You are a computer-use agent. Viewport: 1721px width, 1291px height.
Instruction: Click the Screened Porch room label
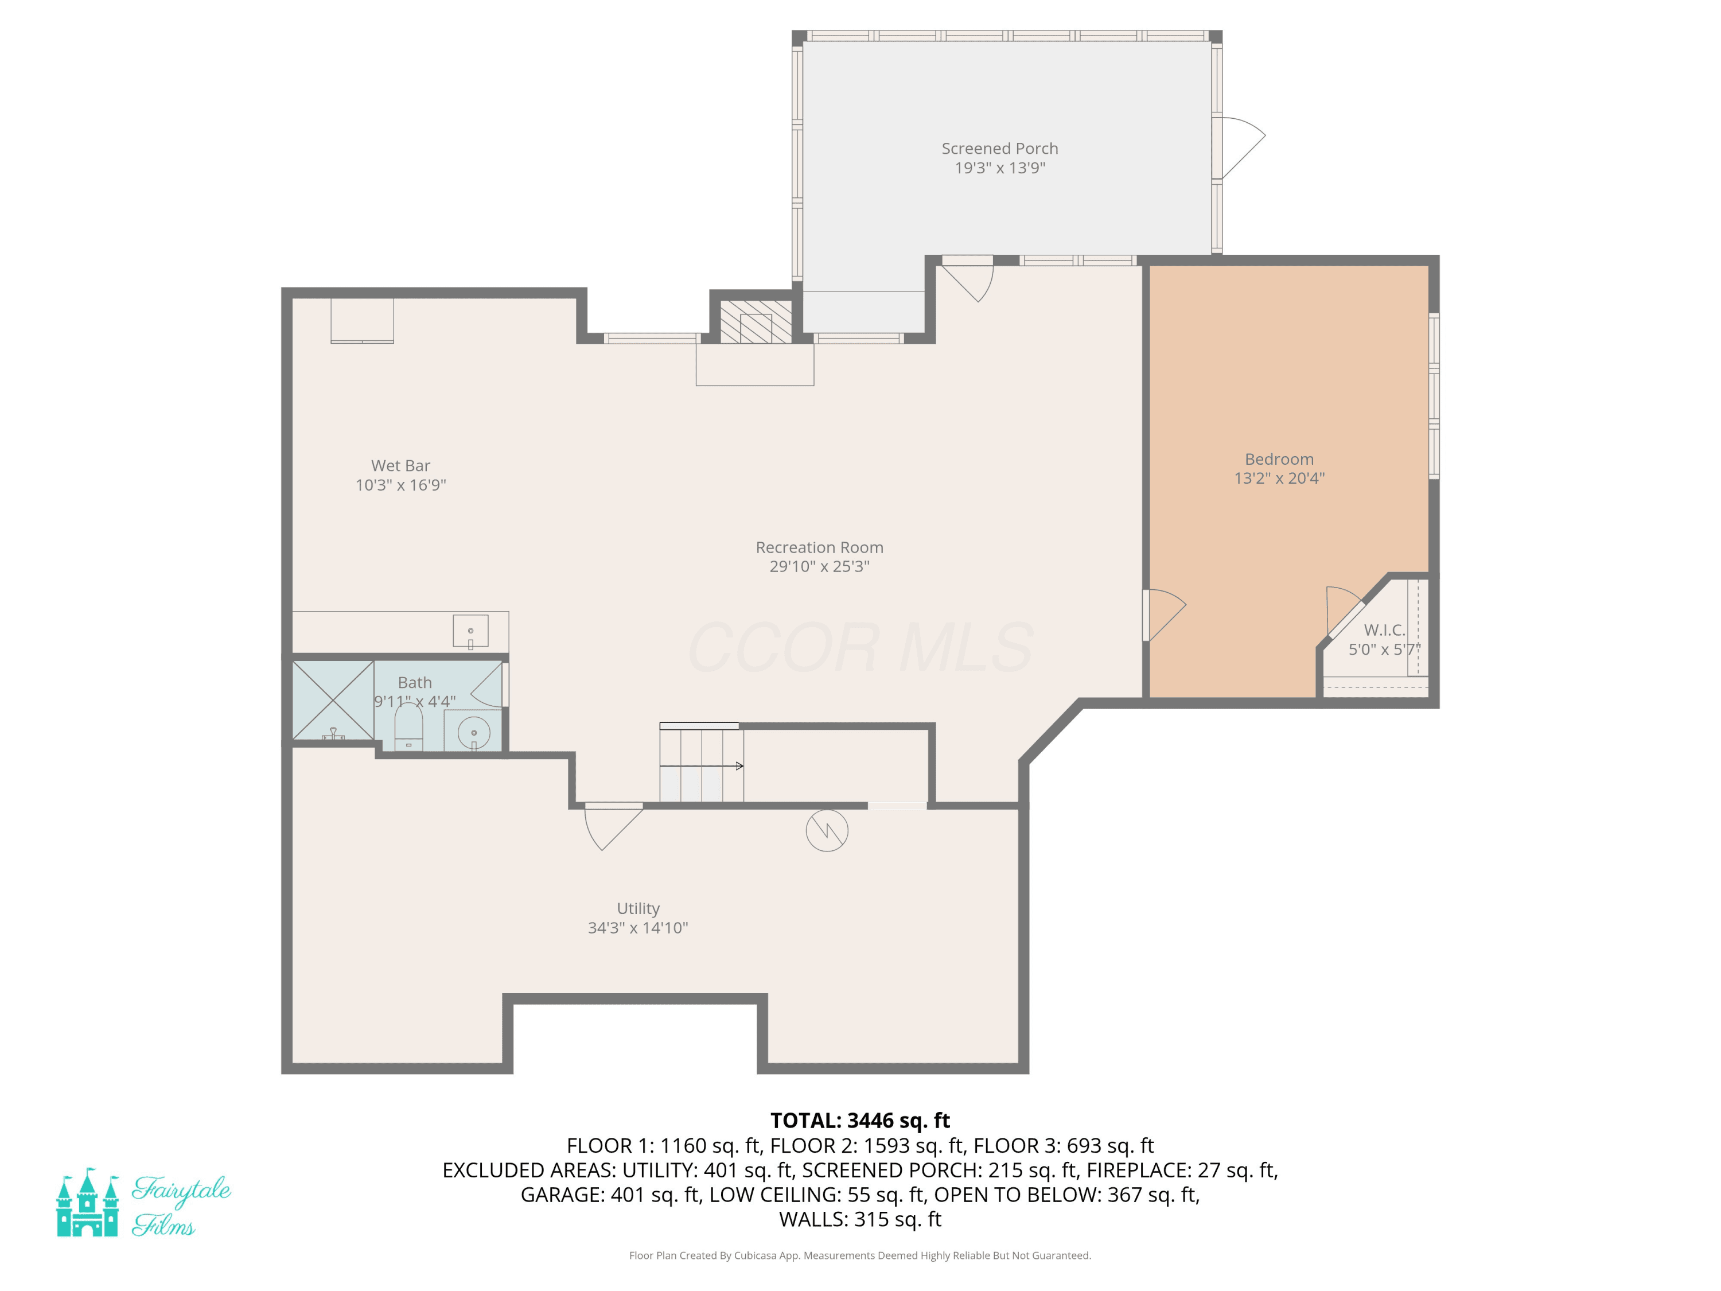[x=1000, y=149]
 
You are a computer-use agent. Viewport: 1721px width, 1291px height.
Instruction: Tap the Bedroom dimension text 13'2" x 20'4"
[x=1279, y=479]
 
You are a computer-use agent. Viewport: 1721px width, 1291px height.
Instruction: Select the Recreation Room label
[x=819, y=548]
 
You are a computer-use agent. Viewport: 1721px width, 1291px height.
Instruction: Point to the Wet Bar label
[x=400, y=466]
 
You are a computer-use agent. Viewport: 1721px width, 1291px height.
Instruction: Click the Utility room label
[x=638, y=909]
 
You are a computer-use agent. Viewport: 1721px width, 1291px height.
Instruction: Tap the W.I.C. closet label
[x=1385, y=631]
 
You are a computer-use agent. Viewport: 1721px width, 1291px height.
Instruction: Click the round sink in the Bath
[x=474, y=733]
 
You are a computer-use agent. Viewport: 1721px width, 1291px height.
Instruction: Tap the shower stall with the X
[x=333, y=701]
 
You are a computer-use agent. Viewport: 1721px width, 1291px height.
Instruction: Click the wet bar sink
[x=471, y=631]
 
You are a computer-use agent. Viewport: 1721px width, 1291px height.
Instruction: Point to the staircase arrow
[x=702, y=767]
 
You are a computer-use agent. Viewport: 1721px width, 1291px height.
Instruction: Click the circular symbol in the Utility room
[x=827, y=830]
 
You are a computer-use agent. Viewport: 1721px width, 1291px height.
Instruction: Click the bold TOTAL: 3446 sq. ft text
[x=860, y=1121]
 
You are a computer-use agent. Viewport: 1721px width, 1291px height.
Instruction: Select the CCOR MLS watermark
[x=860, y=647]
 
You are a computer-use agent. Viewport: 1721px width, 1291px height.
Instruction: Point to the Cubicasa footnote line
[x=860, y=1255]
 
